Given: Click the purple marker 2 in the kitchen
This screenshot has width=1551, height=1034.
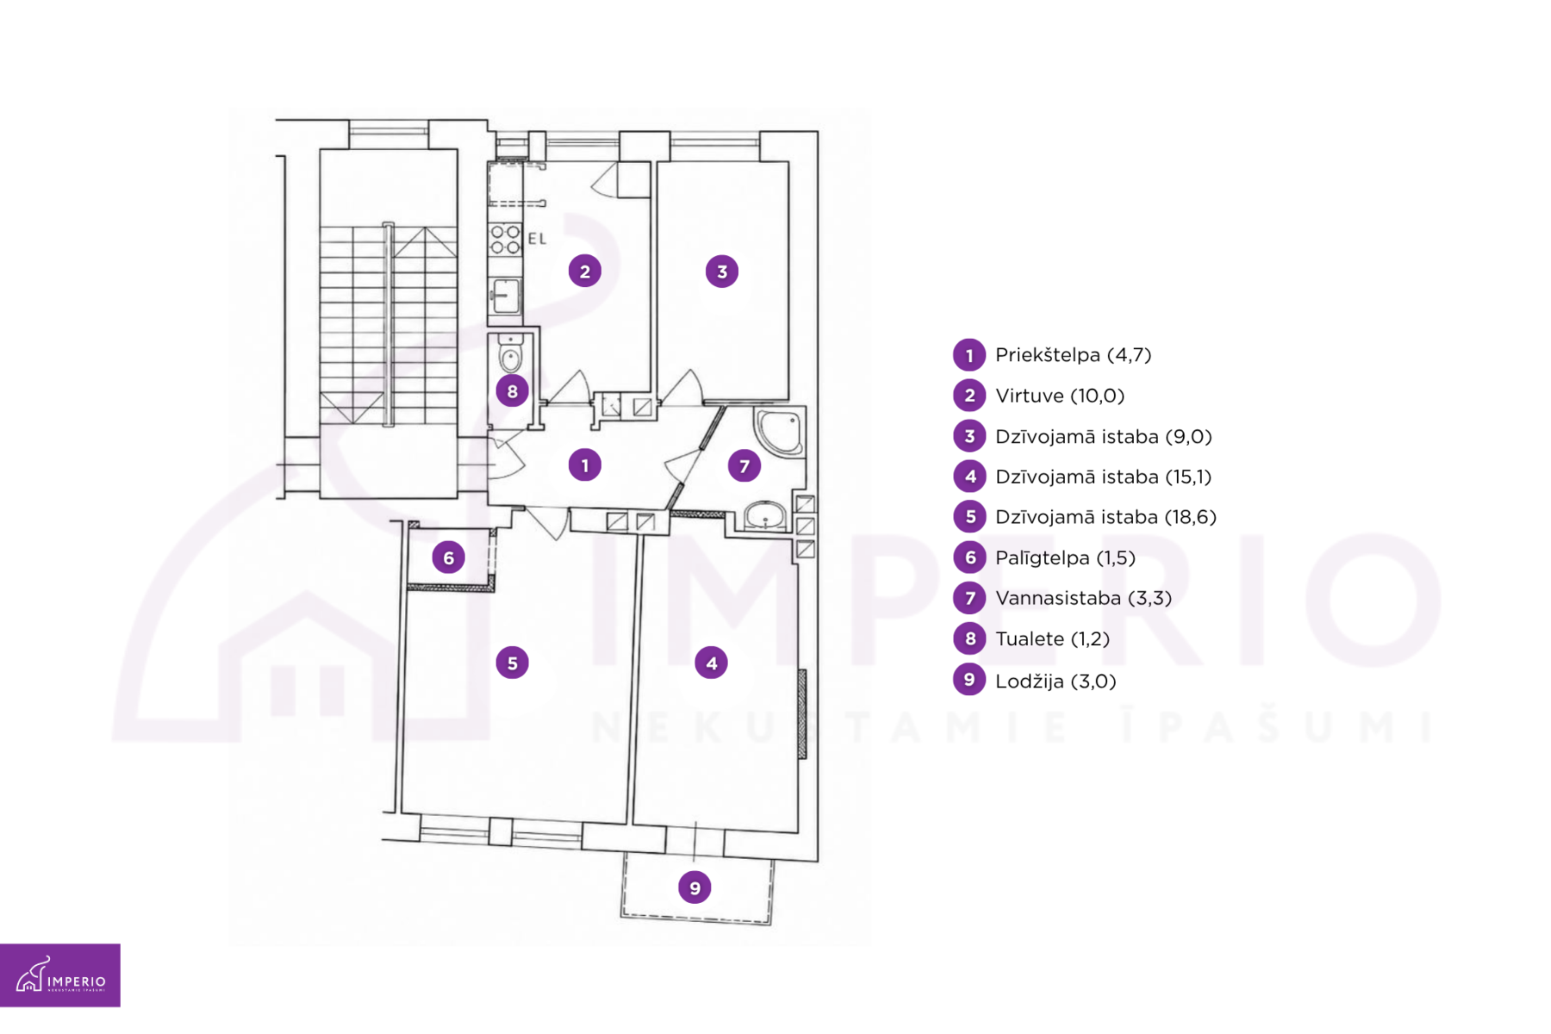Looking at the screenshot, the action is (584, 271).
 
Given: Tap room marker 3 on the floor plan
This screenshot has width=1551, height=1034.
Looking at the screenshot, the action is (721, 271).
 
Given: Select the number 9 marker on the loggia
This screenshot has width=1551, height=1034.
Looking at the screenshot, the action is (695, 888).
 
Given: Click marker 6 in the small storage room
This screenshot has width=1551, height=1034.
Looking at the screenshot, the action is (448, 557).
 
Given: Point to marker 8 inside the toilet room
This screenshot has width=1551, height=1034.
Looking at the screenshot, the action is (512, 391).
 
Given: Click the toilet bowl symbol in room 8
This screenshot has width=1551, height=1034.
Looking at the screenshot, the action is (510, 354).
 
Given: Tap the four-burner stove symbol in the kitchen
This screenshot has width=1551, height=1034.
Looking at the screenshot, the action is (505, 240).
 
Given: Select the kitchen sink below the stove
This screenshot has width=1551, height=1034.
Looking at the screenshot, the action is (505, 296).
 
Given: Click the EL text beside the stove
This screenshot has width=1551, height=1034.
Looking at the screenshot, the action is (537, 239).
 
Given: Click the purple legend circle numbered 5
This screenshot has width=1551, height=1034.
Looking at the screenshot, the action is (969, 517).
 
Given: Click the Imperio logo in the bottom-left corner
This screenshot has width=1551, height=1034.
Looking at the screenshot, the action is (60, 975).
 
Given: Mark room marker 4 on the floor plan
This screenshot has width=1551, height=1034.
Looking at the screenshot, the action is (711, 663).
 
